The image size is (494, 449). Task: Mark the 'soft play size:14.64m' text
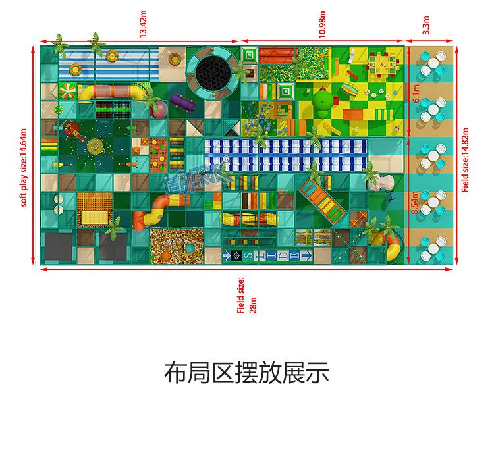(x=24, y=167)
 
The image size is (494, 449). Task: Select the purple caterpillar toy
(x=185, y=101)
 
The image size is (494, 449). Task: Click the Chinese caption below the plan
(x=246, y=373)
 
